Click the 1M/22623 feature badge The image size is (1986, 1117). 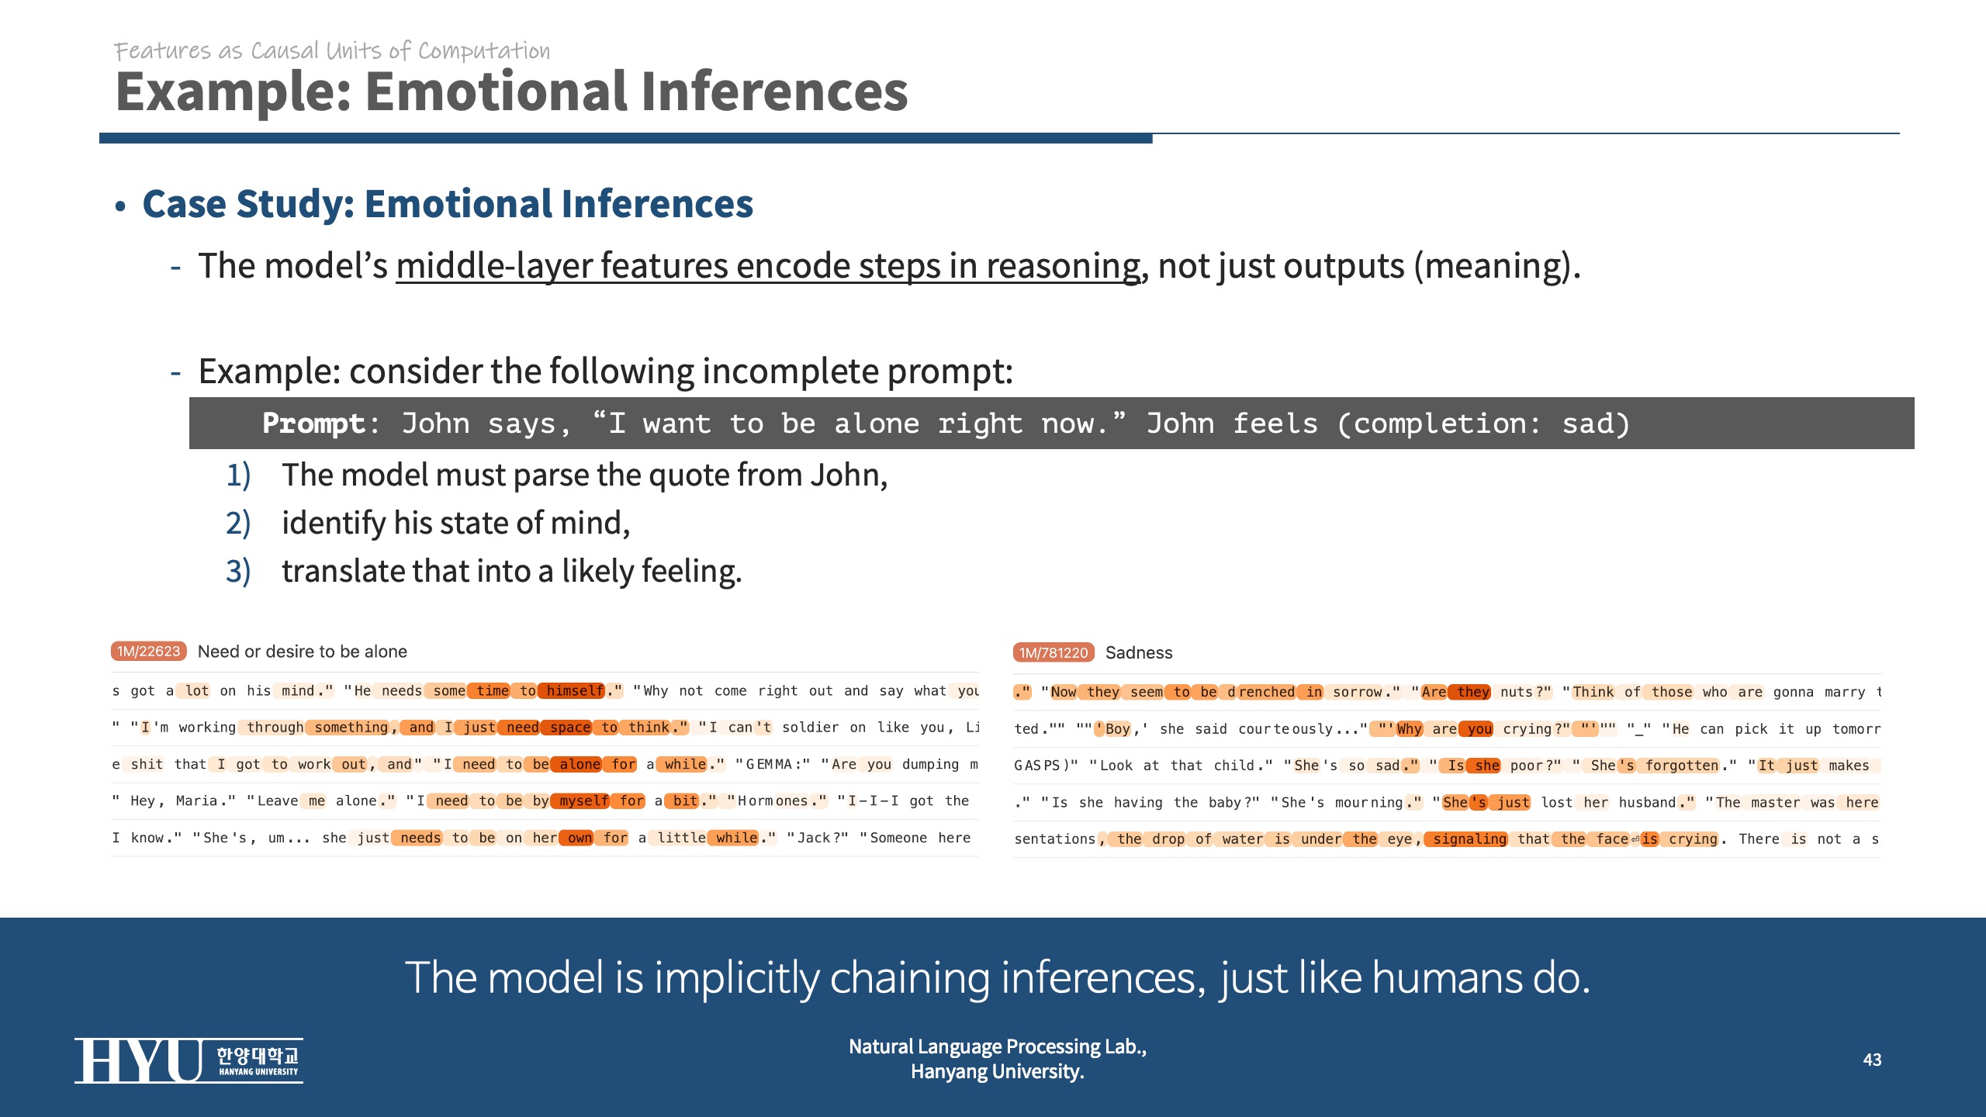coord(148,652)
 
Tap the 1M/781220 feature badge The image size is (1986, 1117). coord(1054,652)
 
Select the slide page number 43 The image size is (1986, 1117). coord(1872,1060)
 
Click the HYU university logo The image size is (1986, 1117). coord(189,1060)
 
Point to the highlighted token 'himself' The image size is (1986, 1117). coord(575,690)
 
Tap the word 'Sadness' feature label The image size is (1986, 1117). coord(1139,652)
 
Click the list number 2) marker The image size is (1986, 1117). coord(238,524)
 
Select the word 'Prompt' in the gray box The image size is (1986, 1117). coord(313,424)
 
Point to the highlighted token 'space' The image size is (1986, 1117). coord(570,727)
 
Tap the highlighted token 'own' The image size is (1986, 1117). coord(580,838)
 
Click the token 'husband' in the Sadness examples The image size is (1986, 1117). coord(1647,802)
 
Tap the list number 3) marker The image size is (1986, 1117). coord(238,572)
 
